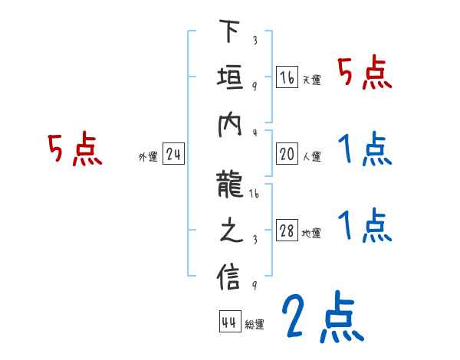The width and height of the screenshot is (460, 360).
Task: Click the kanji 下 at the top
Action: (229, 33)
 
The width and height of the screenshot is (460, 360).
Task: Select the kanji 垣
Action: (229, 77)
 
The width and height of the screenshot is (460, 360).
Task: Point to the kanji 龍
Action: (229, 185)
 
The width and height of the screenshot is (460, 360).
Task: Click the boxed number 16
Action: (287, 77)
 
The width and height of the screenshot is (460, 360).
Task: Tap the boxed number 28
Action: (287, 231)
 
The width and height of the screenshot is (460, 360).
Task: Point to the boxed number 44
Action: (229, 322)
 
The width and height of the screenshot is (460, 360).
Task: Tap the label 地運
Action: (311, 234)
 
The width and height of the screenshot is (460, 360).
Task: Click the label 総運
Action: (255, 325)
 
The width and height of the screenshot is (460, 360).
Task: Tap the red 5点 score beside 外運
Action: (75, 149)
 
